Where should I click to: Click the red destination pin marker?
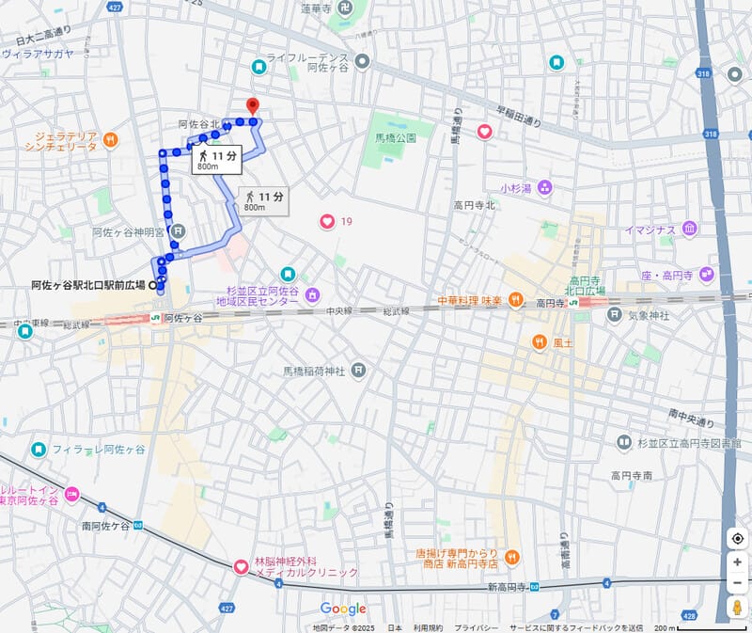[251, 106]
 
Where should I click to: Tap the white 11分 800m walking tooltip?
[216, 160]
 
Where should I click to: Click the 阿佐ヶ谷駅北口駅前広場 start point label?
[87, 284]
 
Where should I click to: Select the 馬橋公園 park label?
[389, 137]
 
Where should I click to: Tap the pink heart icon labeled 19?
[327, 222]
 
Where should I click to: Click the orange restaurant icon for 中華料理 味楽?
[515, 301]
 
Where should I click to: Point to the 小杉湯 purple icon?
[545, 188]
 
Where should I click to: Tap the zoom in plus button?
[738, 562]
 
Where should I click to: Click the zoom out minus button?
[738, 583]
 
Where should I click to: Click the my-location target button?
[738, 538]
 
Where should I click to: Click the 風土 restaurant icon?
[540, 342]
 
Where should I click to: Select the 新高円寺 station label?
[508, 587]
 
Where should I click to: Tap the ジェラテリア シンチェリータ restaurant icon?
[111, 141]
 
